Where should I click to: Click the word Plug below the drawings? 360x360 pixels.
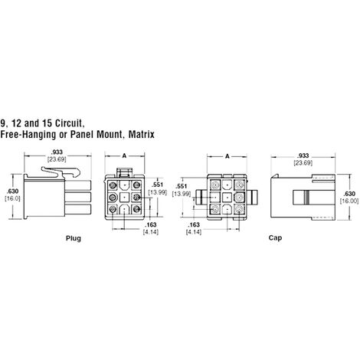click(x=74, y=238)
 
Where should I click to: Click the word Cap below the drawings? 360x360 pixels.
click(x=275, y=238)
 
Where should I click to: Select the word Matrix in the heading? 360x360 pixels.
click(x=141, y=134)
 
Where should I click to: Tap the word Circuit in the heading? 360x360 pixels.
click(x=69, y=123)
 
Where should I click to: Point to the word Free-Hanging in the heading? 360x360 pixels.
click(x=28, y=134)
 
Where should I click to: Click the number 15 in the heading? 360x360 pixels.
click(x=46, y=123)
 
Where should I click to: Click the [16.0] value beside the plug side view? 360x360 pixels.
click(x=12, y=198)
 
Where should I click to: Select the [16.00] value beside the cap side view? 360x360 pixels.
click(x=349, y=201)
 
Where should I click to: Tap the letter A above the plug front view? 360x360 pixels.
click(x=124, y=155)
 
